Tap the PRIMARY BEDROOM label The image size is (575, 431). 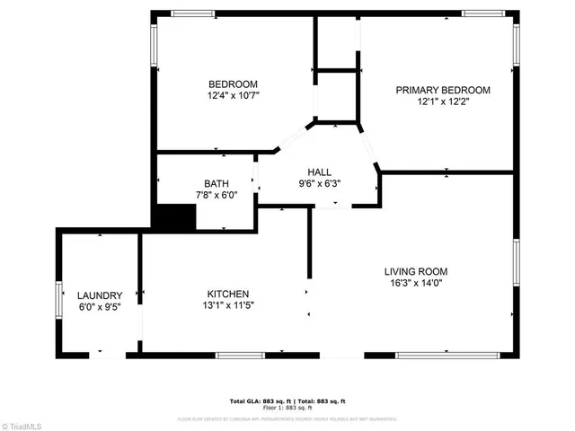point(443,90)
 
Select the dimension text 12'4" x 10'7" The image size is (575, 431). point(234,95)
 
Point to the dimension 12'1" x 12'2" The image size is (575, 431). point(443,101)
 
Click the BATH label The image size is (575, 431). point(216,183)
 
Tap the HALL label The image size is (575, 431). point(319,172)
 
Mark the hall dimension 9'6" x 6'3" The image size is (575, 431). point(319,183)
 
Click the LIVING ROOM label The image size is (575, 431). point(415,271)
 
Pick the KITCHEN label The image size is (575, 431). point(228,294)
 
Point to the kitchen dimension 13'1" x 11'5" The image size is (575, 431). point(228,305)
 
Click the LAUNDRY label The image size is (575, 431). point(99,295)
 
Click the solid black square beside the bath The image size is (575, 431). point(173,216)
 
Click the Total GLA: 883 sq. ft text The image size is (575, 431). point(256,400)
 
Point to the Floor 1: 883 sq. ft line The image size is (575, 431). point(287,408)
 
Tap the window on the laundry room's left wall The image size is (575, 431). point(59,295)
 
